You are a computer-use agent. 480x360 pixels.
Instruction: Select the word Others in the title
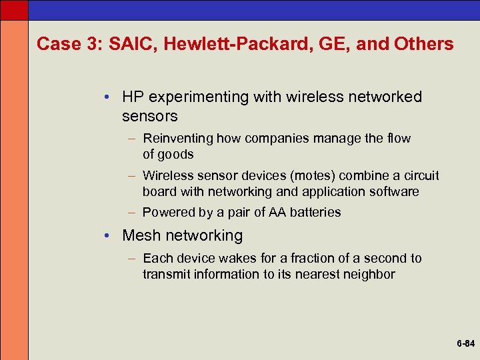[423, 45]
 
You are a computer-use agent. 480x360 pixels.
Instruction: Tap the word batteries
[317, 213]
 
